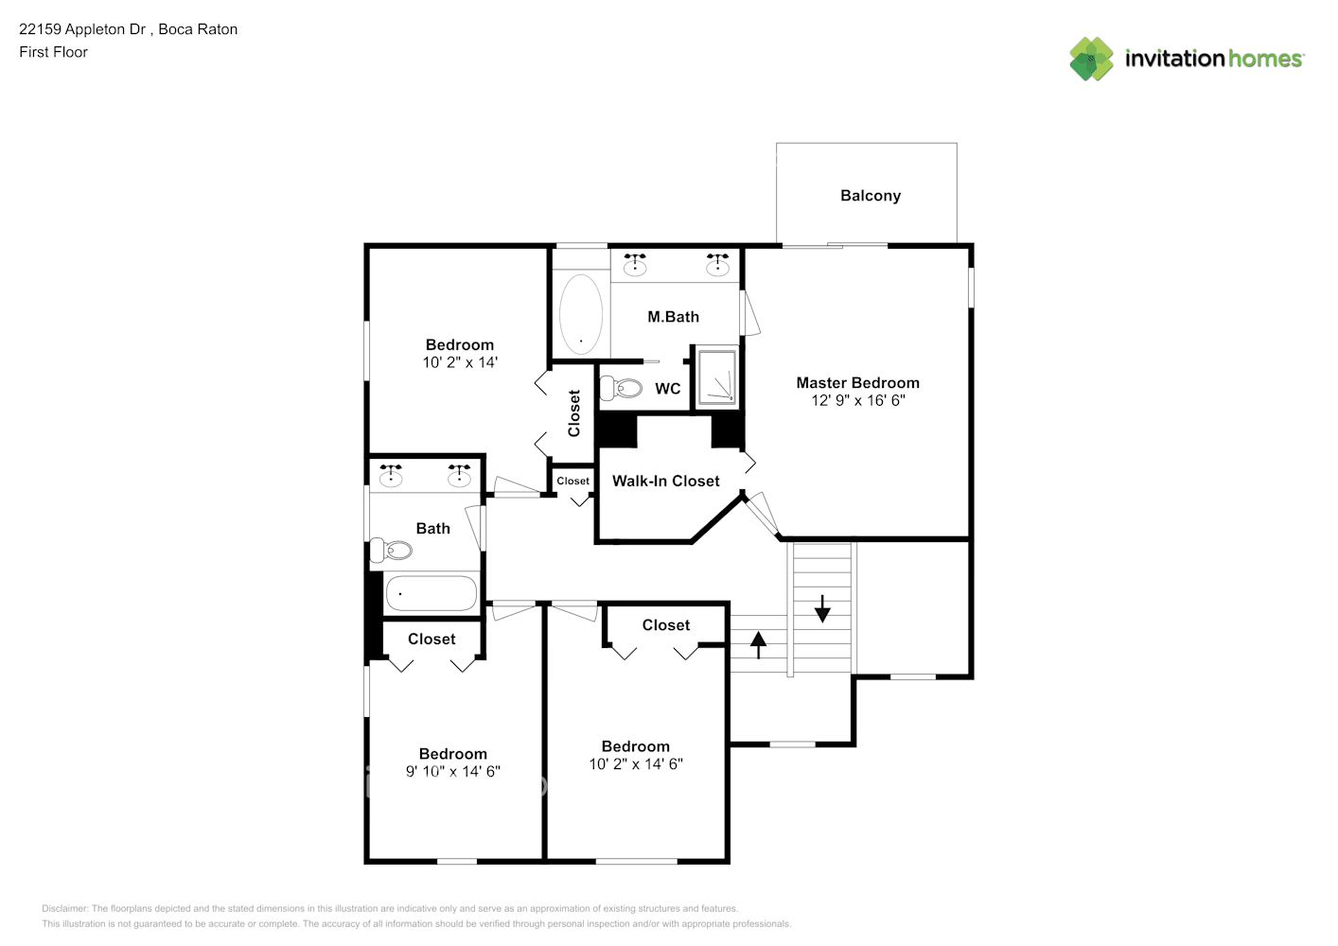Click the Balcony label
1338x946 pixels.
pos(870,196)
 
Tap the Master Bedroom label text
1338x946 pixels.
pos(857,383)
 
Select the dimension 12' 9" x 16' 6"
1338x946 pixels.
pos(857,400)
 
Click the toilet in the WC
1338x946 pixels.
pos(621,387)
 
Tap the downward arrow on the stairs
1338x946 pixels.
pos(822,608)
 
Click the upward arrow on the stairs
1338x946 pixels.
pos(758,644)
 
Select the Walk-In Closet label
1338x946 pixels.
pos(665,482)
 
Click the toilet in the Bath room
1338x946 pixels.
pos(392,550)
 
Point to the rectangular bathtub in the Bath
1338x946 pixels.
pos(431,593)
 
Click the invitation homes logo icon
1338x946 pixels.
pos(1091,59)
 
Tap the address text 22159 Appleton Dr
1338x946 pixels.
pos(82,29)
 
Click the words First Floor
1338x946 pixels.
pos(53,52)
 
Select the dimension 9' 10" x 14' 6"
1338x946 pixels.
pos(452,771)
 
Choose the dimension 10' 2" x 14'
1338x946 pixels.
pos(460,362)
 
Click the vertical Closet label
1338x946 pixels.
pos(573,413)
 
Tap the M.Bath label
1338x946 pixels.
pos(673,317)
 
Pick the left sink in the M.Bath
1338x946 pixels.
pos(635,266)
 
